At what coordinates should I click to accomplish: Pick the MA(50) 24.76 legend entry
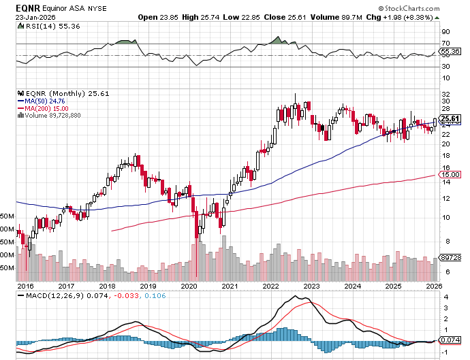42,101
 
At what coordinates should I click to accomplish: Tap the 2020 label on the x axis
189,287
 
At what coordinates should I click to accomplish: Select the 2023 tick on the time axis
311,287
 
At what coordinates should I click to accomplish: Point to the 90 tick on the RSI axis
445,31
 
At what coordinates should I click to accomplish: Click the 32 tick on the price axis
445,94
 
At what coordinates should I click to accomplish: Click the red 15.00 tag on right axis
448,175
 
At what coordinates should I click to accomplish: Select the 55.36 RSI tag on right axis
448,51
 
